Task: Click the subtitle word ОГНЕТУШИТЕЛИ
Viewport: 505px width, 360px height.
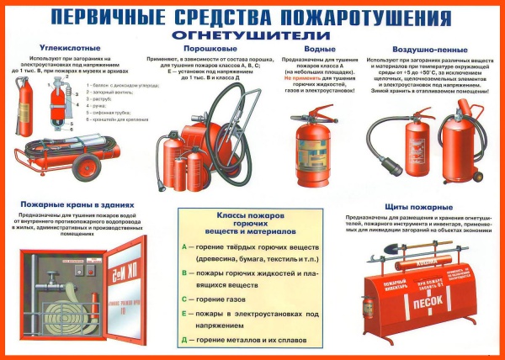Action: click(x=253, y=34)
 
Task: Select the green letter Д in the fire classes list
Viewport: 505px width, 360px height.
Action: click(x=184, y=339)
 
